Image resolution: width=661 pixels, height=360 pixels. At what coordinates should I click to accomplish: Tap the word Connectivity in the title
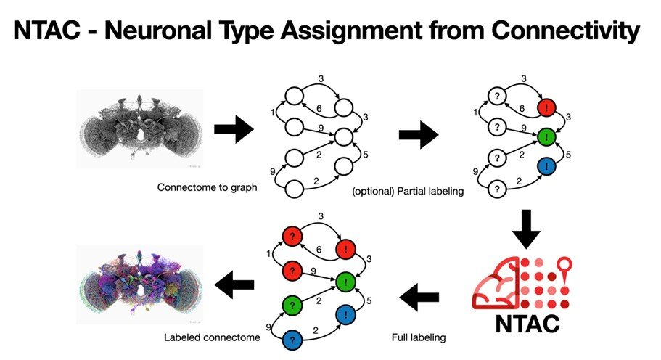pos(565,31)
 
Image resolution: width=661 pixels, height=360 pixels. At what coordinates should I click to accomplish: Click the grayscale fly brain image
pos(140,129)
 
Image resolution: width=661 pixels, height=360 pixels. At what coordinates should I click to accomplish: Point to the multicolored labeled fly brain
pos(140,285)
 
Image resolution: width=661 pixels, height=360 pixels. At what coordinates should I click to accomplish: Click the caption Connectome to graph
pos(207,187)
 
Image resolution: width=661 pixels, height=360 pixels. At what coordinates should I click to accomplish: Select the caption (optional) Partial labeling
pos(408,192)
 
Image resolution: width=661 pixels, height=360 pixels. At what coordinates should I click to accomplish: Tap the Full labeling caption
pos(419,337)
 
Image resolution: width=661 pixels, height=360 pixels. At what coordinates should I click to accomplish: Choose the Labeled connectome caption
pos(212,337)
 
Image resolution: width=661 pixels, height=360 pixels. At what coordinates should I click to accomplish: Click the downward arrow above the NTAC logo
pos(526,229)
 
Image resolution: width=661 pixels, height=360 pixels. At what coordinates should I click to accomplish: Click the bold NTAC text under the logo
pos(527,324)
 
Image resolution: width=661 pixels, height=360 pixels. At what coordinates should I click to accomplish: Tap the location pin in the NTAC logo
pos(564,269)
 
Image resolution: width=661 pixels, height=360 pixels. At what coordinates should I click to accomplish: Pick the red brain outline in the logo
pos(496,282)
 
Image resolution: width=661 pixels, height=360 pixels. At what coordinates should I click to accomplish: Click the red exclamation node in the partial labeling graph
pos(547,108)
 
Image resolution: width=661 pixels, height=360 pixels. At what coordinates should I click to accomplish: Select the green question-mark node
pos(292,304)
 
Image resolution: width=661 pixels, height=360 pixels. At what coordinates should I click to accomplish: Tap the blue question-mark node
pos(292,340)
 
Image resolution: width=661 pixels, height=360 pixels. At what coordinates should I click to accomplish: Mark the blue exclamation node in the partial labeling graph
pos(547,166)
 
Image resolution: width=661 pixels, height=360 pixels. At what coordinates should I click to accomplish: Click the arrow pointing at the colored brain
pos(234,285)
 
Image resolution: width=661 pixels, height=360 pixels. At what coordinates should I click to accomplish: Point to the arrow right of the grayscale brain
pos(234,129)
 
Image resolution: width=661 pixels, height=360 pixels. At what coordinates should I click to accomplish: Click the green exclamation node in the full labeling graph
pos(346,282)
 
